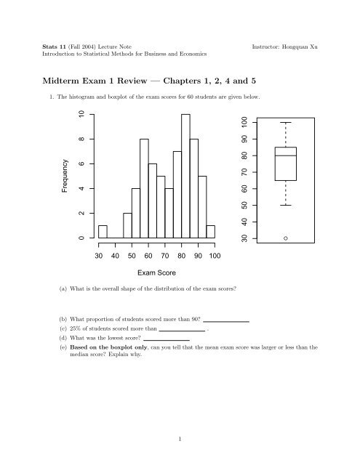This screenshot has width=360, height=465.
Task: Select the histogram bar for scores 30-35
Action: [103, 232]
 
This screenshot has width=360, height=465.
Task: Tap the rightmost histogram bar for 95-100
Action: [211, 232]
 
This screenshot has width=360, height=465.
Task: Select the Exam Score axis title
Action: [155, 275]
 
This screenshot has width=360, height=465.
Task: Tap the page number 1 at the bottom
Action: [180, 438]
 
